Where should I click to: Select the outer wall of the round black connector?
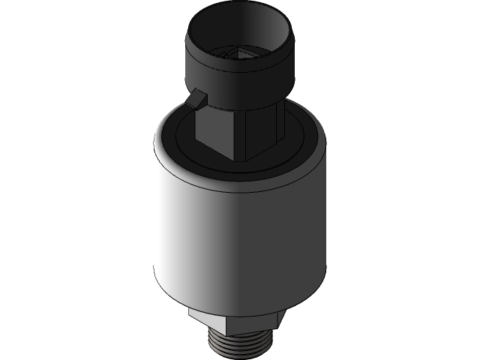225,71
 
